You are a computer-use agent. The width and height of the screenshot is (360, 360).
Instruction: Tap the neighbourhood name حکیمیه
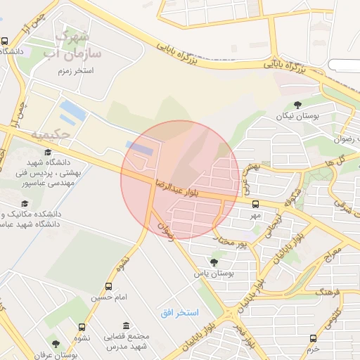pyautogui.click(x=51, y=134)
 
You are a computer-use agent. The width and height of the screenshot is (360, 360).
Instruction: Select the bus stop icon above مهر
pyautogui.click(x=255, y=204)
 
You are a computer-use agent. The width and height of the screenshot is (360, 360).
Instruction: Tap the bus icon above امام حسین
pyautogui.click(x=108, y=286)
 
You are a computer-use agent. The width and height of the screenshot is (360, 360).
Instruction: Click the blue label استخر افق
pyautogui.click(x=179, y=311)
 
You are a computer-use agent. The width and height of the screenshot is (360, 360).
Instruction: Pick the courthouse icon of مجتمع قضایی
pyautogui.click(x=126, y=326)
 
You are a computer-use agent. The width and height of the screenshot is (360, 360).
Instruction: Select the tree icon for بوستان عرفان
pyautogui.click(x=56, y=344)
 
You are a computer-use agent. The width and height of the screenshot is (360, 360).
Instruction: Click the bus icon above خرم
pyautogui.click(x=314, y=337)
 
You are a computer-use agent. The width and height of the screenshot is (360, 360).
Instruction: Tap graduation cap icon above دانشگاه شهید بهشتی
pyautogui.click(x=48, y=152)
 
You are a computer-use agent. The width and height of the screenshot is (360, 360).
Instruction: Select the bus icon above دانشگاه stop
pyautogui.click(x=5, y=41)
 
